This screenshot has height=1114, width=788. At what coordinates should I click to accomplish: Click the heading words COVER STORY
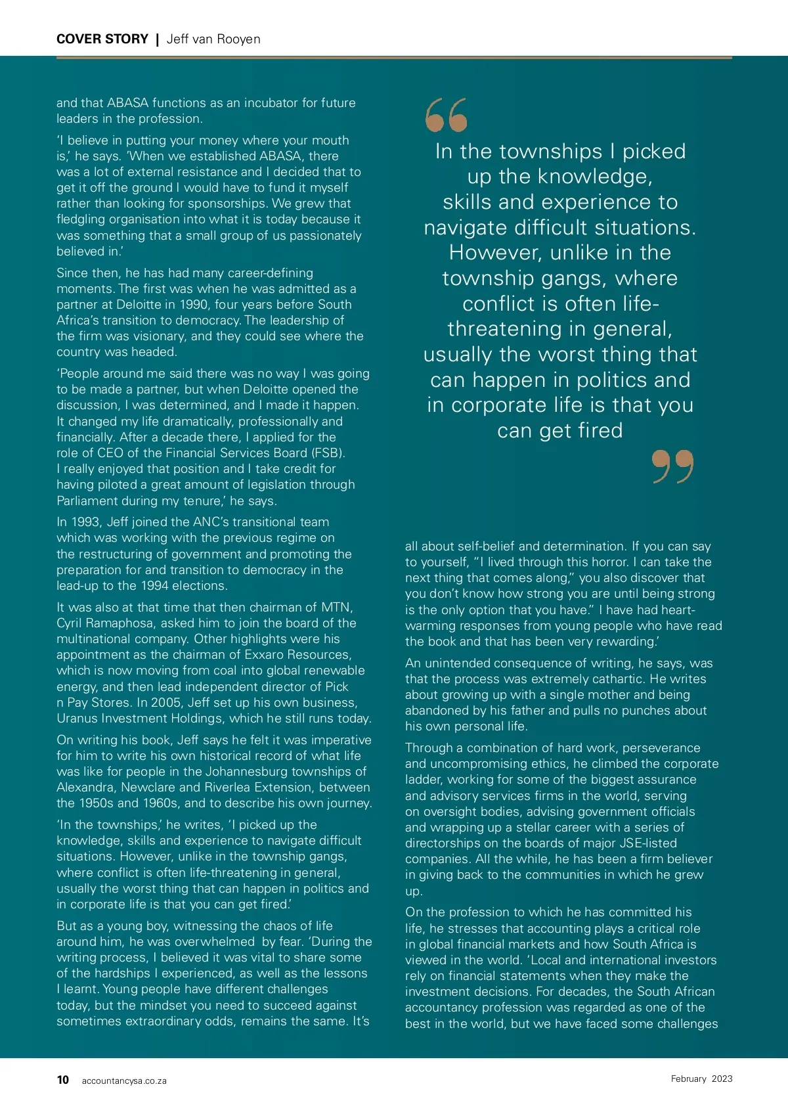coord(102,39)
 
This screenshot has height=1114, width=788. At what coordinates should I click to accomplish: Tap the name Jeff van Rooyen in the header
coord(213,39)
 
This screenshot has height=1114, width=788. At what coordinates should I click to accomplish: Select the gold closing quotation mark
coord(673,466)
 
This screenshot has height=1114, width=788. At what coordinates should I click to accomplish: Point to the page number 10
coord(63,1080)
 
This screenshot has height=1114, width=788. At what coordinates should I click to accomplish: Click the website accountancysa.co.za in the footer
coord(124,1081)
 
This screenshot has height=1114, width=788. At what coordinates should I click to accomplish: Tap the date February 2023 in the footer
coord(701,1079)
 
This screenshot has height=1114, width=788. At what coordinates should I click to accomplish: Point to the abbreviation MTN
coord(337,607)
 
